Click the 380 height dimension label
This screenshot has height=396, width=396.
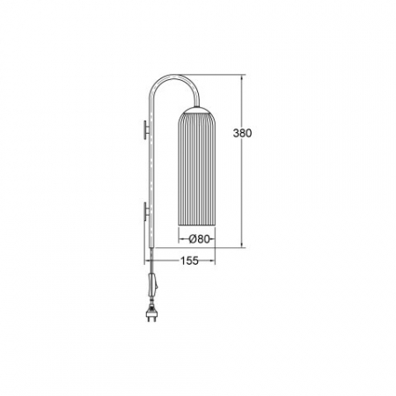(243, 135)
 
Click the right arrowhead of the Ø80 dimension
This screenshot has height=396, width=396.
(215, 237)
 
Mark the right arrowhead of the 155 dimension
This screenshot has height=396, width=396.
(215, 260)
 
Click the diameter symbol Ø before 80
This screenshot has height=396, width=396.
(192, 237)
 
